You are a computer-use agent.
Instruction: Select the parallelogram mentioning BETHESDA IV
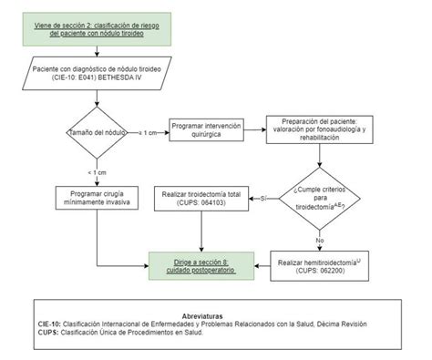tap(98, 74)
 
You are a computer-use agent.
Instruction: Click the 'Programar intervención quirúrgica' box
tap(208, 133)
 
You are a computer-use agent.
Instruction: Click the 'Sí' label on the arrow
tap(262, 198)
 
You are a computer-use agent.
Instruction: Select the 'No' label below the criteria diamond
tap(318, 241)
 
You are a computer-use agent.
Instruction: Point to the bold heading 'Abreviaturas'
tap(215, 314)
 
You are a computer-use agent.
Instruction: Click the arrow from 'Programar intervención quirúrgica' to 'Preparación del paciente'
tap(255, 127)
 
